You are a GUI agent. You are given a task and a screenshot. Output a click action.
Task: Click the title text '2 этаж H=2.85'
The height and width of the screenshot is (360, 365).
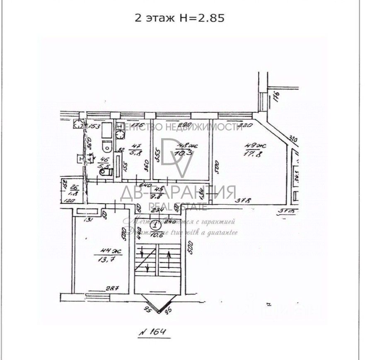180,18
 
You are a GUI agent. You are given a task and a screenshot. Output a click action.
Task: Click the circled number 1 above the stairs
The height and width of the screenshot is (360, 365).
155,226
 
